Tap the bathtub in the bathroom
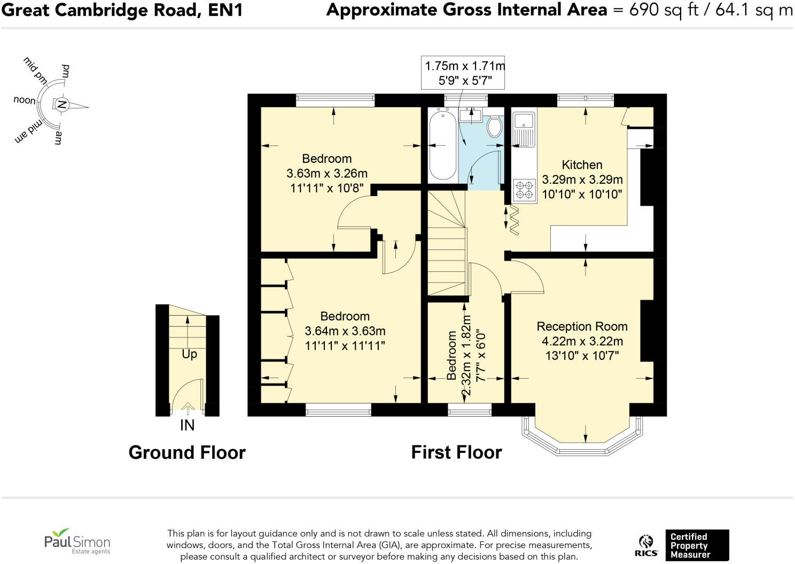[x=442, y=145]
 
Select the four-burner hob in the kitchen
[x=524, y=190]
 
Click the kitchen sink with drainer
[x=524, y=128]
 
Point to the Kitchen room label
[x=582, y=165]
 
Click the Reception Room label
[x=582, y=326]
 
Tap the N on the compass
[x=62, y=105]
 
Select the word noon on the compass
[x=25, y=100]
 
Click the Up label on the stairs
[x=189, y=354]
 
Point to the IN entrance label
[x=188, y=425]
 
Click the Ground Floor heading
[x=187, y=452]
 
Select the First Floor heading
[x=456, y=452]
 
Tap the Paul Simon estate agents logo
[x=77, y=541]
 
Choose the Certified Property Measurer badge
[x=697, y=545]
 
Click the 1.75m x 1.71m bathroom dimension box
[x=463, y=73]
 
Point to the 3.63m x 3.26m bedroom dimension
[x=327, y=174]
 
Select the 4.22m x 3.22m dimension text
[x=582, y=341]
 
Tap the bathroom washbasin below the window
[x=470, y=115]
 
